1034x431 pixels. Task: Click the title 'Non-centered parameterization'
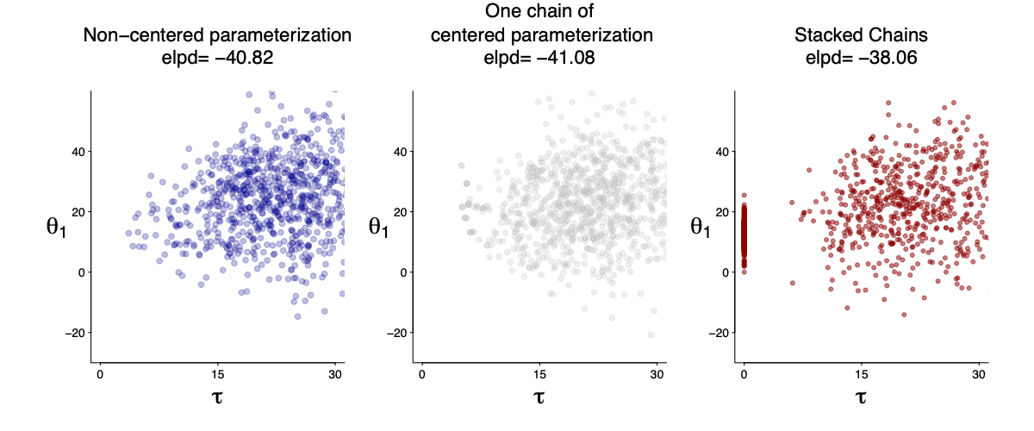click(x=217, y=36)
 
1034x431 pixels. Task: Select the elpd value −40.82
click(x=245, y=59)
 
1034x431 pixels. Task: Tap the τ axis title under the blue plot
click(x=217, y=397)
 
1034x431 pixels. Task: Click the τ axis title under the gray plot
click(x=539, y=397)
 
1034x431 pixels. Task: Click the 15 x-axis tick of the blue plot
click(x=217, y=374)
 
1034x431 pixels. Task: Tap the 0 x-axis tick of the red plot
click(x=744, y=374)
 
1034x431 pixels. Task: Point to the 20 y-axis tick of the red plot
click(x=719, y=212)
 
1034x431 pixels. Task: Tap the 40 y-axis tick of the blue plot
click(x=75, y=152)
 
